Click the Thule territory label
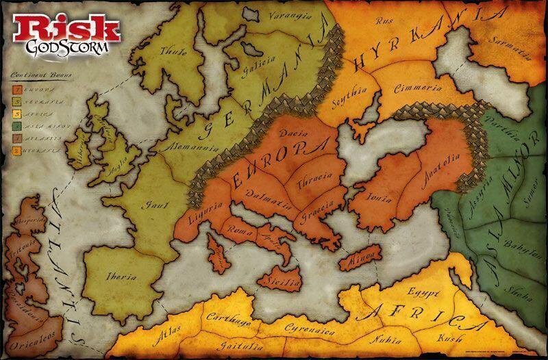(x=172, y=51)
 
